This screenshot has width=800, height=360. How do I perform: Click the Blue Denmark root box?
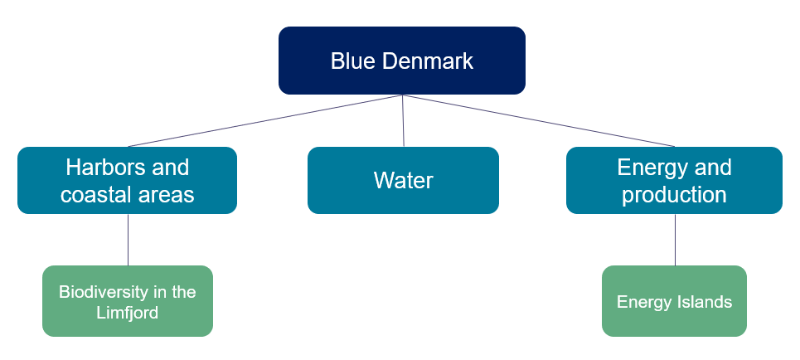[402, 61]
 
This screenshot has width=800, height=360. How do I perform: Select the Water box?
[403, 180]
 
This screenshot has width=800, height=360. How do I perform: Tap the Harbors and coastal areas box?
[127, 180]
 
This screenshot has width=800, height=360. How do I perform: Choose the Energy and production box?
[674, 180]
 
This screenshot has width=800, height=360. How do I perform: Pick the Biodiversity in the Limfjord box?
[128, 301]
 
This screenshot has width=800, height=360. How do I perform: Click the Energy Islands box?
[674, 301]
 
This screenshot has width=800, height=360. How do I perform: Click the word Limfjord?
[128, 312]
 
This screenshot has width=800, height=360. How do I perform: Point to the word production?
[674, 195]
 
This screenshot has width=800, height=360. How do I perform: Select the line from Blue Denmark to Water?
[403, 120]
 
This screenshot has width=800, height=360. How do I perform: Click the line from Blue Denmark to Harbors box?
[264, 120]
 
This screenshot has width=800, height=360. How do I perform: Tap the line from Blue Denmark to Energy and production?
[538, 120]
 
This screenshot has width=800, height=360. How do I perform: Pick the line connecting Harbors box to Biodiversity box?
[128, 240]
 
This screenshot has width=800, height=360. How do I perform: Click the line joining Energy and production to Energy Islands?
[675, 240]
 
